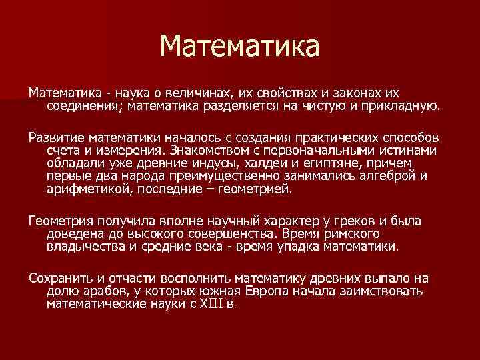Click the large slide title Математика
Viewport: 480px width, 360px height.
click(x=240, y=47)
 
